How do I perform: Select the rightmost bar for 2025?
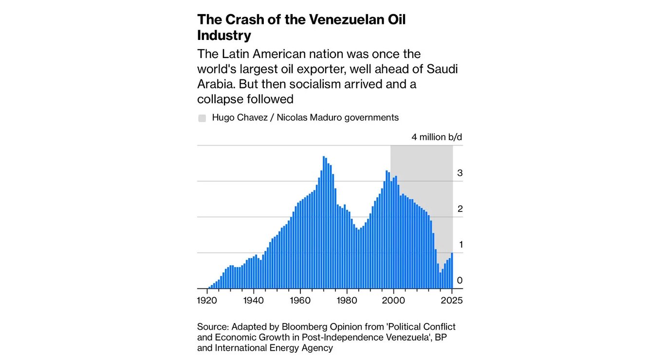[x=452, y=270]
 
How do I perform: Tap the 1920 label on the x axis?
[x=207, y=301]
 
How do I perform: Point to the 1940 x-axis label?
[x=254, y=301]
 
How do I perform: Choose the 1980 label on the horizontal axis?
[x=347, y=301]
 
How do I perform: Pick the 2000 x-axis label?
[x=393, y=301]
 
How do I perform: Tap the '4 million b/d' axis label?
[x=437, y=137]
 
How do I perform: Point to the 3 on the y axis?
[x=460, y=173]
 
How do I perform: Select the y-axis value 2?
[x=460, y=209]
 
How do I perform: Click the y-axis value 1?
[x=460, y=245]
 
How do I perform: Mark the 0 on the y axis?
[x=460, y=281]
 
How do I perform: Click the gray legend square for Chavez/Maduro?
[x=202, y=118]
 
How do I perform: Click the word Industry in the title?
[x=224, y=36]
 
